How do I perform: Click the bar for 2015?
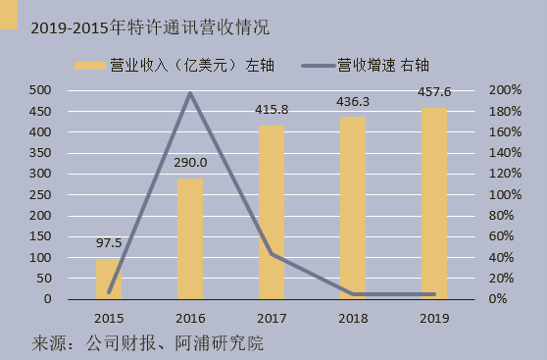[109, 279]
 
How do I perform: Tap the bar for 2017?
[272, 212]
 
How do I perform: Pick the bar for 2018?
[353, 208]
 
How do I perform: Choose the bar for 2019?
[433, 203]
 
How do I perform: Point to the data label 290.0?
[191, 163]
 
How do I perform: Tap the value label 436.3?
[353, 102]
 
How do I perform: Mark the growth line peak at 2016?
[190, 93]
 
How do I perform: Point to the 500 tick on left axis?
[40, 90]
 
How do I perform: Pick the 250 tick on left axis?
[40, 194]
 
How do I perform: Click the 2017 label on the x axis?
[272, 318]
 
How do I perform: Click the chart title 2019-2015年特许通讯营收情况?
[149, 26]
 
